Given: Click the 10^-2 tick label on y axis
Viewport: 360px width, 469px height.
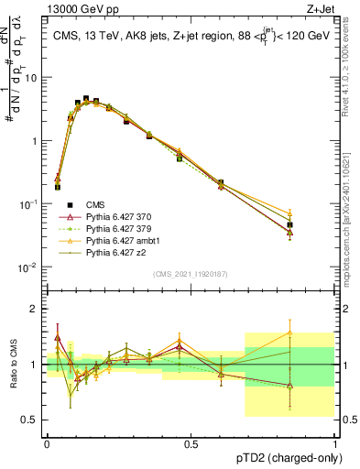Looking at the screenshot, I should click(x=30, y=267).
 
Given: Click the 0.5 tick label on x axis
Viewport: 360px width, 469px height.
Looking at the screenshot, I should click(x=191, y=443).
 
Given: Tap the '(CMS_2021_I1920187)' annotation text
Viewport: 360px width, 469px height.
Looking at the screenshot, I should click(x=190, y=273).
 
